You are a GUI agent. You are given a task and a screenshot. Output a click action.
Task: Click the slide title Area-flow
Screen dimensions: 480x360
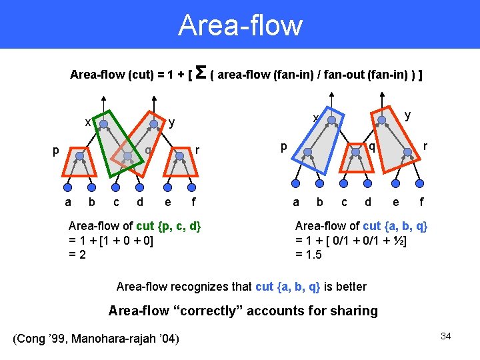pos(240,25)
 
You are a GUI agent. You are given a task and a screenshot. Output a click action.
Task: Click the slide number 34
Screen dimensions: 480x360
pos(445,336)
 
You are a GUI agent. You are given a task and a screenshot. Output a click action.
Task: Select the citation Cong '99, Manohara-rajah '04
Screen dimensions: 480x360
pos(96,339)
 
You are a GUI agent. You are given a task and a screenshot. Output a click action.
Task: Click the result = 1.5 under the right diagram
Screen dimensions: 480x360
pos(309,255)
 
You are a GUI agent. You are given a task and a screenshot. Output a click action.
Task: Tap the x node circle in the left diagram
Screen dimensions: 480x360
pos(103,123)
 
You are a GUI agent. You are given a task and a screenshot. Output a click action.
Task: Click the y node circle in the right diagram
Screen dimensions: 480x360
pos(381,121)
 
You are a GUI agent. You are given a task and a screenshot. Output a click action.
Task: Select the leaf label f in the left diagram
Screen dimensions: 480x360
pos(193,202)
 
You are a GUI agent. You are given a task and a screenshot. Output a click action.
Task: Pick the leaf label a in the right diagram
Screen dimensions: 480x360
pos(296,202)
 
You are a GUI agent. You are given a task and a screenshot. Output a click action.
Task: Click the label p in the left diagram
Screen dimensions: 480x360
pos(57,151)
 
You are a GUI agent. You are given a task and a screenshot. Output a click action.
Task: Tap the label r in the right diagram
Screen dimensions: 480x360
pos(425,145)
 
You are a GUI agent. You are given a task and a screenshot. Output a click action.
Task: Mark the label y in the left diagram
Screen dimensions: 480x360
pos(172,122)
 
